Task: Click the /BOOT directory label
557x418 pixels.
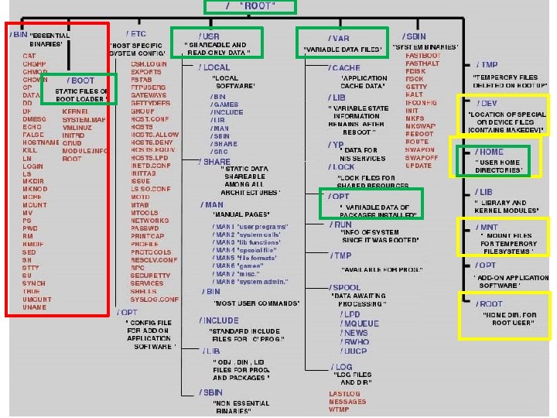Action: tap(80, 81)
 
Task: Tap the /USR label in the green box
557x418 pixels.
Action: tap(209, 36)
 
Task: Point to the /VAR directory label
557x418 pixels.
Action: tap(338, 38)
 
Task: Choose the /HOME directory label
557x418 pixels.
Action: tap(490, 152)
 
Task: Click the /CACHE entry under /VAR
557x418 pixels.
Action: tap(344, 68)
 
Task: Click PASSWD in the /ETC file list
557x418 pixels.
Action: tap(145, 229)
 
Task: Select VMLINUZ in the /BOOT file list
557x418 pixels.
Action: tap(77, 128)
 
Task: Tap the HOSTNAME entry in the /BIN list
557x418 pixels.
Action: tap(41, 143)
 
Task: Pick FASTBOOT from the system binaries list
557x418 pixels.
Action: tap(422, 56)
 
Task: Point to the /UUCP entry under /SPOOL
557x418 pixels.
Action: tap(355, 351)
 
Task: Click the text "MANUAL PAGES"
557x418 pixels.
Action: tap(241, 214)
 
